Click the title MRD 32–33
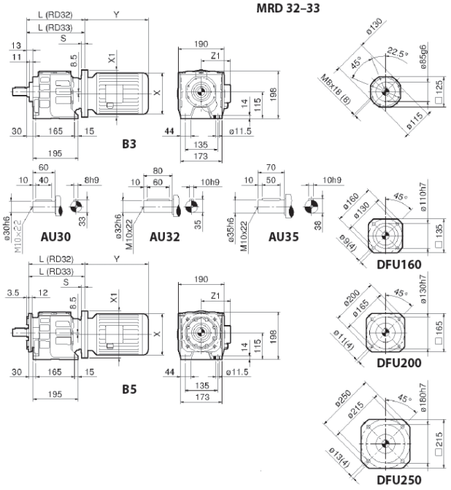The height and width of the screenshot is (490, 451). pyautogui.click(x=288, y=9)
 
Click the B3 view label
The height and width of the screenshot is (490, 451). pyautogui.click(x=129, y=144)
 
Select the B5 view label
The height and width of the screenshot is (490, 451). pyautogui.click(x=129, y=389)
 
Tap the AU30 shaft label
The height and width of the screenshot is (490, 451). pyautogui.click(x=55, y=237)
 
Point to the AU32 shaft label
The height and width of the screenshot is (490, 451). pyautogui.click(x=165, y=237)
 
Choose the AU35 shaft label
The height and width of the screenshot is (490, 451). pyautogui.click(x=284, y=237)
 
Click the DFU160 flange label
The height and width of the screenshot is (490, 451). pyautogui.click(x=399, y=264)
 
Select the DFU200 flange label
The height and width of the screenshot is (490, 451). pyautogui.click(x=399, y=363)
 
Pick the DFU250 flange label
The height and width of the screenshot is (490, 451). pyautogui.click(x=399, y=480)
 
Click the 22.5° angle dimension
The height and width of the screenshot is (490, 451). pyautogui.click(x=398, y=52)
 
